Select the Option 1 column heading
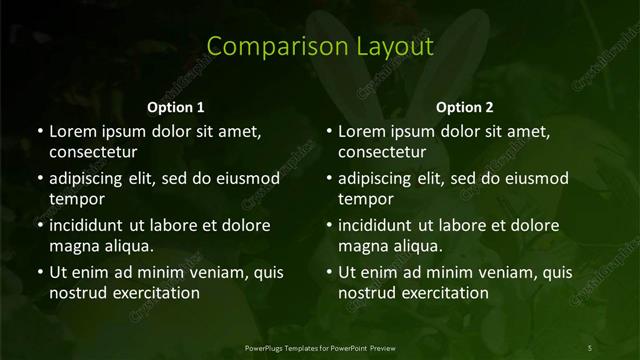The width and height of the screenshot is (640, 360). [x=176, y=107]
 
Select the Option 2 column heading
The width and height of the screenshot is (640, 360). [x=465, y=107]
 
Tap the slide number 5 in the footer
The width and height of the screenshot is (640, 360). [x=590, y=347]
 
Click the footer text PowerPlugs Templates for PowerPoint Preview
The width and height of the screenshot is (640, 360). [x=320, y=347]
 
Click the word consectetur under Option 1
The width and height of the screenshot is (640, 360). [x=93, y=152]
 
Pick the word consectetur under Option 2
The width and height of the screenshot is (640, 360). [x=382, y=152]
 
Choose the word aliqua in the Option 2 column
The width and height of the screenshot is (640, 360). [x=418, y=246]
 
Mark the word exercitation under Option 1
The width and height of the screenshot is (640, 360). [x=154, y=293]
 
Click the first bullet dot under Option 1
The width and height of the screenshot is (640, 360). [x=40, y=132]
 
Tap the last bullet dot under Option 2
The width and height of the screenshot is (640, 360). [x=329, y=273]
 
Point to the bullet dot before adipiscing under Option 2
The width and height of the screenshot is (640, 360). [x=329, y=179]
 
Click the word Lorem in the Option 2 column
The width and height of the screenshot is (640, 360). [x=362, y=132]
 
